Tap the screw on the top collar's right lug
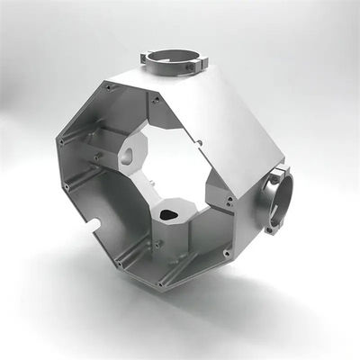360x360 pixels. [x=199, y=64]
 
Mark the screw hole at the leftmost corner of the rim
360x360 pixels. [x=61, y=141]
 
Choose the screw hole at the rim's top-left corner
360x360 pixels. [x=109, y=87]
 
